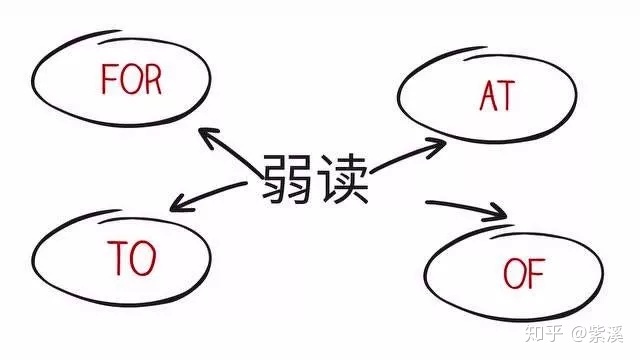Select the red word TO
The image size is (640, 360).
[x=131, y=259]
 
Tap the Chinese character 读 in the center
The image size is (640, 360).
[x=345, y=180]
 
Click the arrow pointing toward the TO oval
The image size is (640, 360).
[x=208, y=197]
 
